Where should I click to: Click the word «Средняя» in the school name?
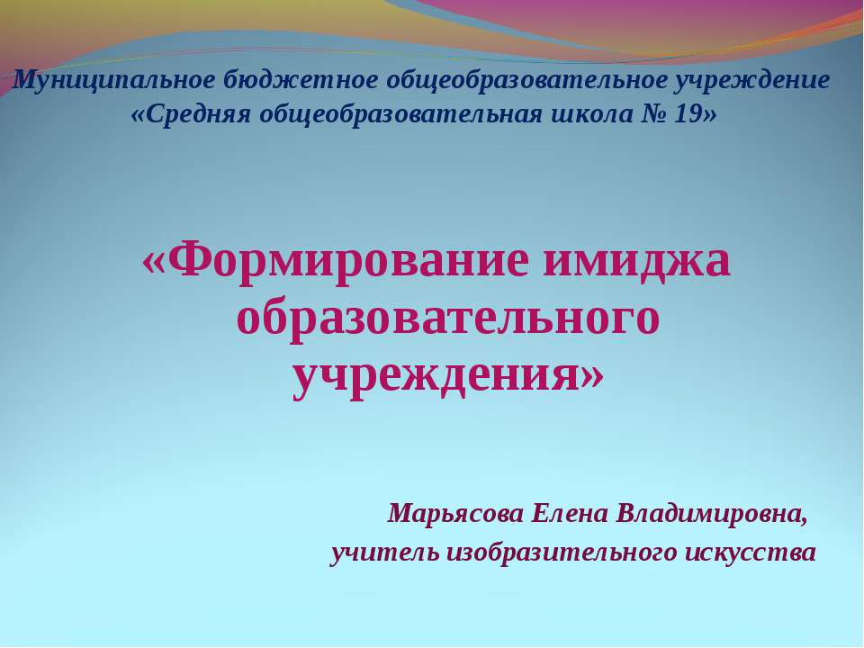(194, 114)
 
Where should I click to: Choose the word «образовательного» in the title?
(447, 319)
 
